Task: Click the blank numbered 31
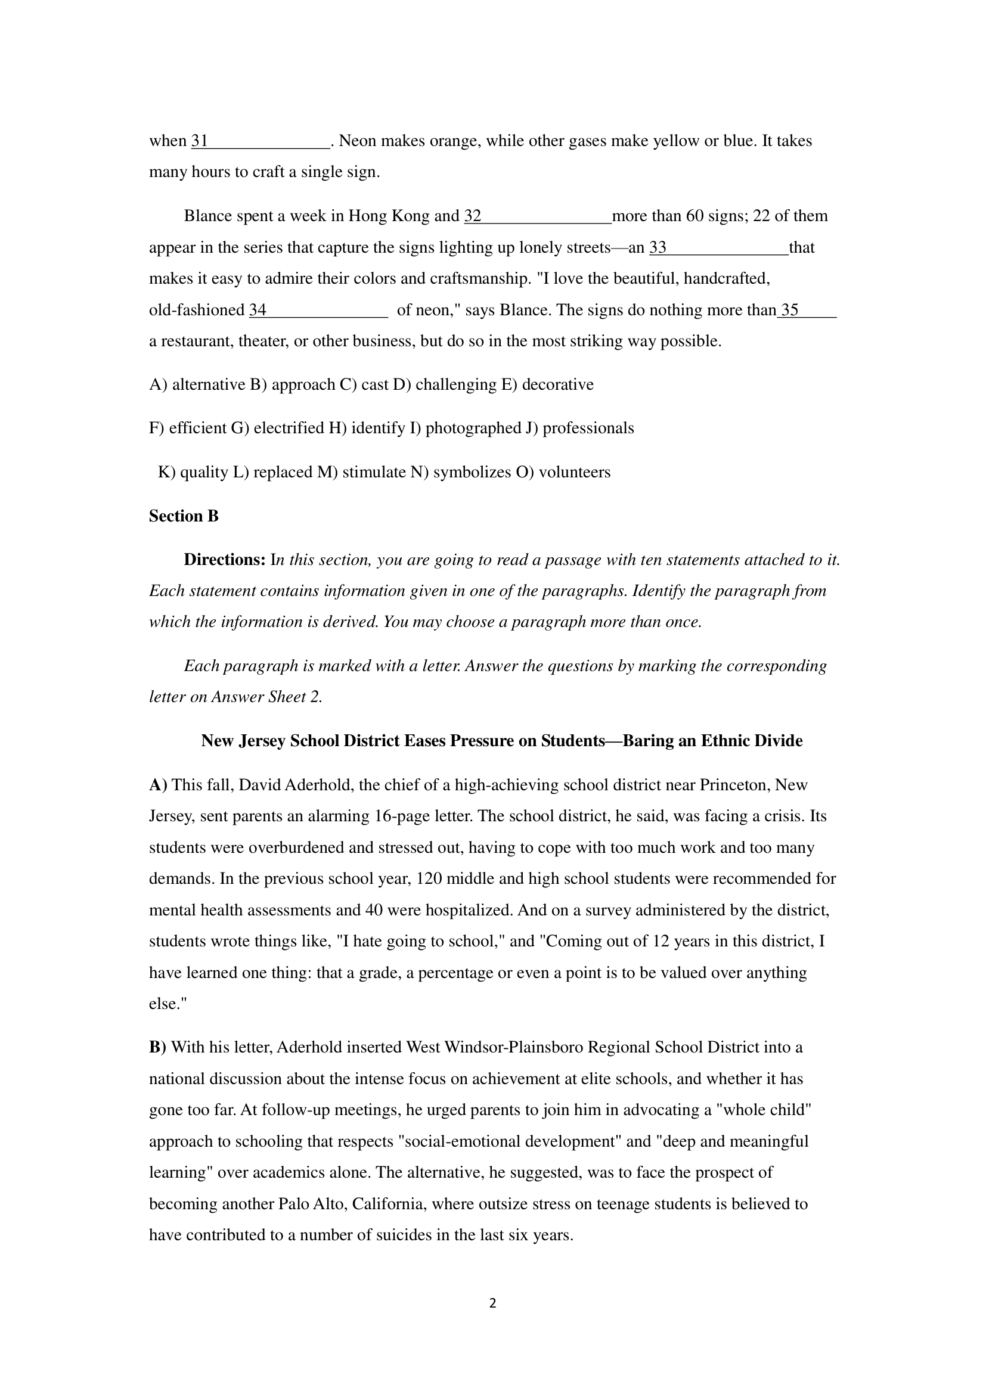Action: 261,141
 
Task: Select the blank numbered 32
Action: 538,217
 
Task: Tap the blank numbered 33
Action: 719,249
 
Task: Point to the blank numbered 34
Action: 318,311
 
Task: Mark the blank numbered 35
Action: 808,311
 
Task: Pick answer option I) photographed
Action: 466,429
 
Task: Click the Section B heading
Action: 184,516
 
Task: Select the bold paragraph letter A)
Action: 158,786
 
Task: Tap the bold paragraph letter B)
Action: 157,1048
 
